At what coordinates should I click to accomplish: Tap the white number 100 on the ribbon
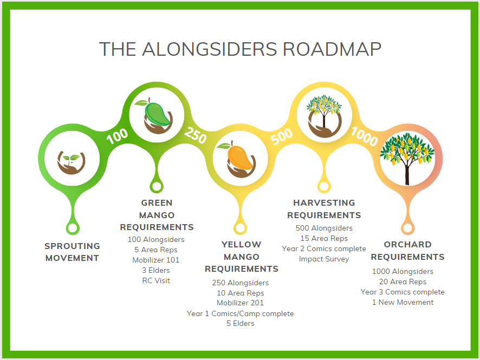(117, 135)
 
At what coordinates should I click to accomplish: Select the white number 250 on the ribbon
(196, 135)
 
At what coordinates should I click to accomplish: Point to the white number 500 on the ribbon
(281, 136)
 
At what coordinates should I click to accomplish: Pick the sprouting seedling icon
(72, 160)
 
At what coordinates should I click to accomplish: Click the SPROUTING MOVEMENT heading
(72, 252)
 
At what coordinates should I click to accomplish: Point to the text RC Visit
(155, 280)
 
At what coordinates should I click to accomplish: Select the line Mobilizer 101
(156, 260)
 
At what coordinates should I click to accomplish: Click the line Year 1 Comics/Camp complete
(240, 313)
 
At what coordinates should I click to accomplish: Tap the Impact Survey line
(324, 259)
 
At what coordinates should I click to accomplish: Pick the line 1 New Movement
(403, 302)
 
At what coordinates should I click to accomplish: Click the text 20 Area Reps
(403, 282)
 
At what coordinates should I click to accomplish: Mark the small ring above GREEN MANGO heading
(156, 187)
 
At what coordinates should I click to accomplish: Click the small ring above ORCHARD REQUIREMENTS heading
(407, 228)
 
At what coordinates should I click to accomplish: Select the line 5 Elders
(240, 323)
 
